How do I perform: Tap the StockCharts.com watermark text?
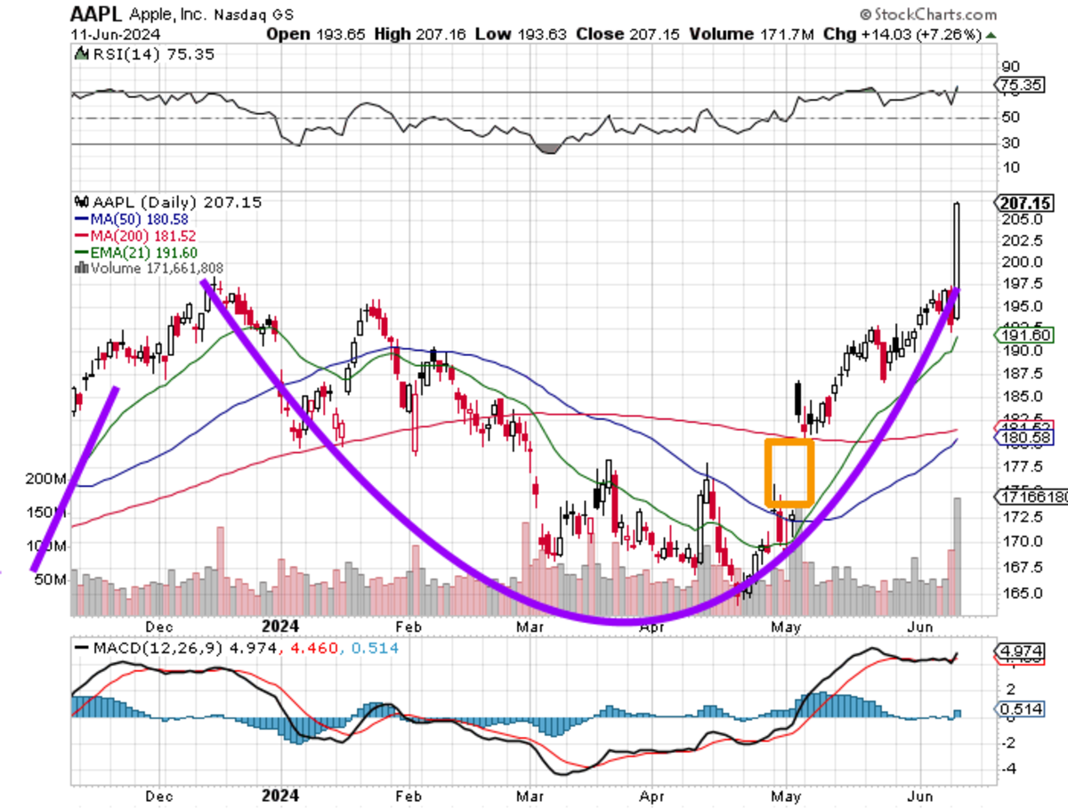pos(928,15)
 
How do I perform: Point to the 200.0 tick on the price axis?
pos(1016,263)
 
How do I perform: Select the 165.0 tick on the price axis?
pos(1016,593)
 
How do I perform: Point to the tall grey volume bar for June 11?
pos(958,556)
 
